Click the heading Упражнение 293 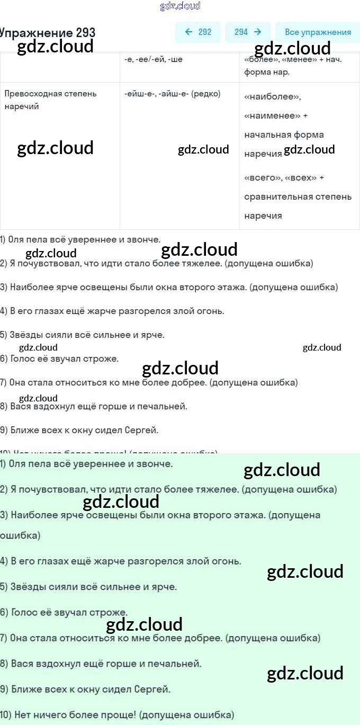click(48, 32)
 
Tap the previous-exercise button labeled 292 click(198, 32)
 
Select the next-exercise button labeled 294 click(248, 32)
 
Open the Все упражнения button click(318, 32)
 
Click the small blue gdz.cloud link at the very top click(180, 6)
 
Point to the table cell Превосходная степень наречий click(50, 100)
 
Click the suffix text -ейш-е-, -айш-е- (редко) click(172, 94)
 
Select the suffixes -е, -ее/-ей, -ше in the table click(154, 59)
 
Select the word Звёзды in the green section click(25, 587)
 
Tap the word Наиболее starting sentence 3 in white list click(30, 287)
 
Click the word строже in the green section click(111, 612)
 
